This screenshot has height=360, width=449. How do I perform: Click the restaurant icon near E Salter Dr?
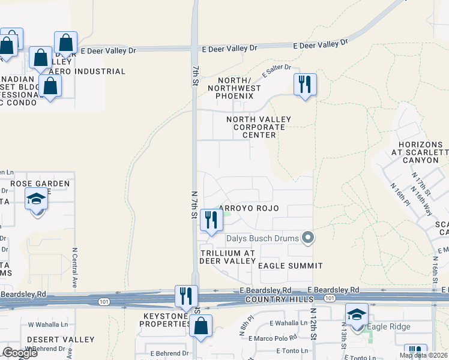305,85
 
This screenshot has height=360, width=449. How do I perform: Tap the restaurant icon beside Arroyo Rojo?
211,220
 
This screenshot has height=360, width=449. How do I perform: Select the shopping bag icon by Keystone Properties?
202,326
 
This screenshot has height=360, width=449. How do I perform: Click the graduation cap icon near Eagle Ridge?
357,315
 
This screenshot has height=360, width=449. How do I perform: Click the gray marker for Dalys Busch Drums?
308,238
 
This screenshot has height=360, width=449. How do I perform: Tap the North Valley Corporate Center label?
259,127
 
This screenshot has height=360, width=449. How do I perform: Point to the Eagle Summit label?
291,265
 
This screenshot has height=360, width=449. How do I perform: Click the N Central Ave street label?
75,267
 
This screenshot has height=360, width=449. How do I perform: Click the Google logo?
20,353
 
